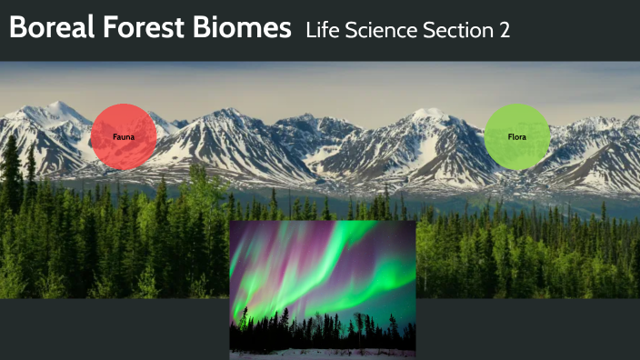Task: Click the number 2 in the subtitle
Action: [x=504, y=30]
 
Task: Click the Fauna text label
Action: [x=124, y=136]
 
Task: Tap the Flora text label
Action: [x=517, y=137]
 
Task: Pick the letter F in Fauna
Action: [x=115, y=136]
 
